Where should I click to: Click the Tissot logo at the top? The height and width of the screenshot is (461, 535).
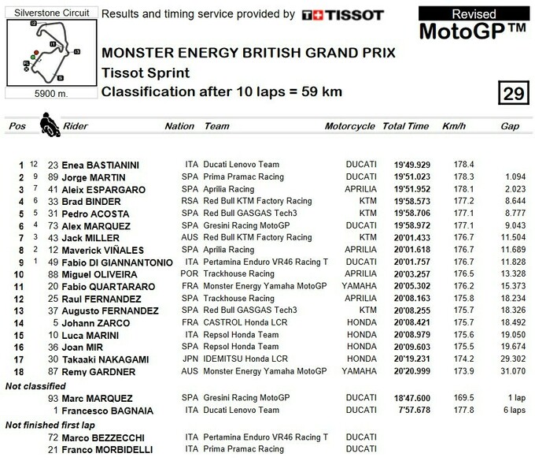click(x=343, y=15)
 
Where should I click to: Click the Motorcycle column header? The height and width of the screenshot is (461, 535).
click(x=350, y=126)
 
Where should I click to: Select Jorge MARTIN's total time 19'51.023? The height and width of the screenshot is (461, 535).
click(x=405, y=177)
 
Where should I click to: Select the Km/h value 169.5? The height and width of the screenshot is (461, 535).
click(x=452, y=398)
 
